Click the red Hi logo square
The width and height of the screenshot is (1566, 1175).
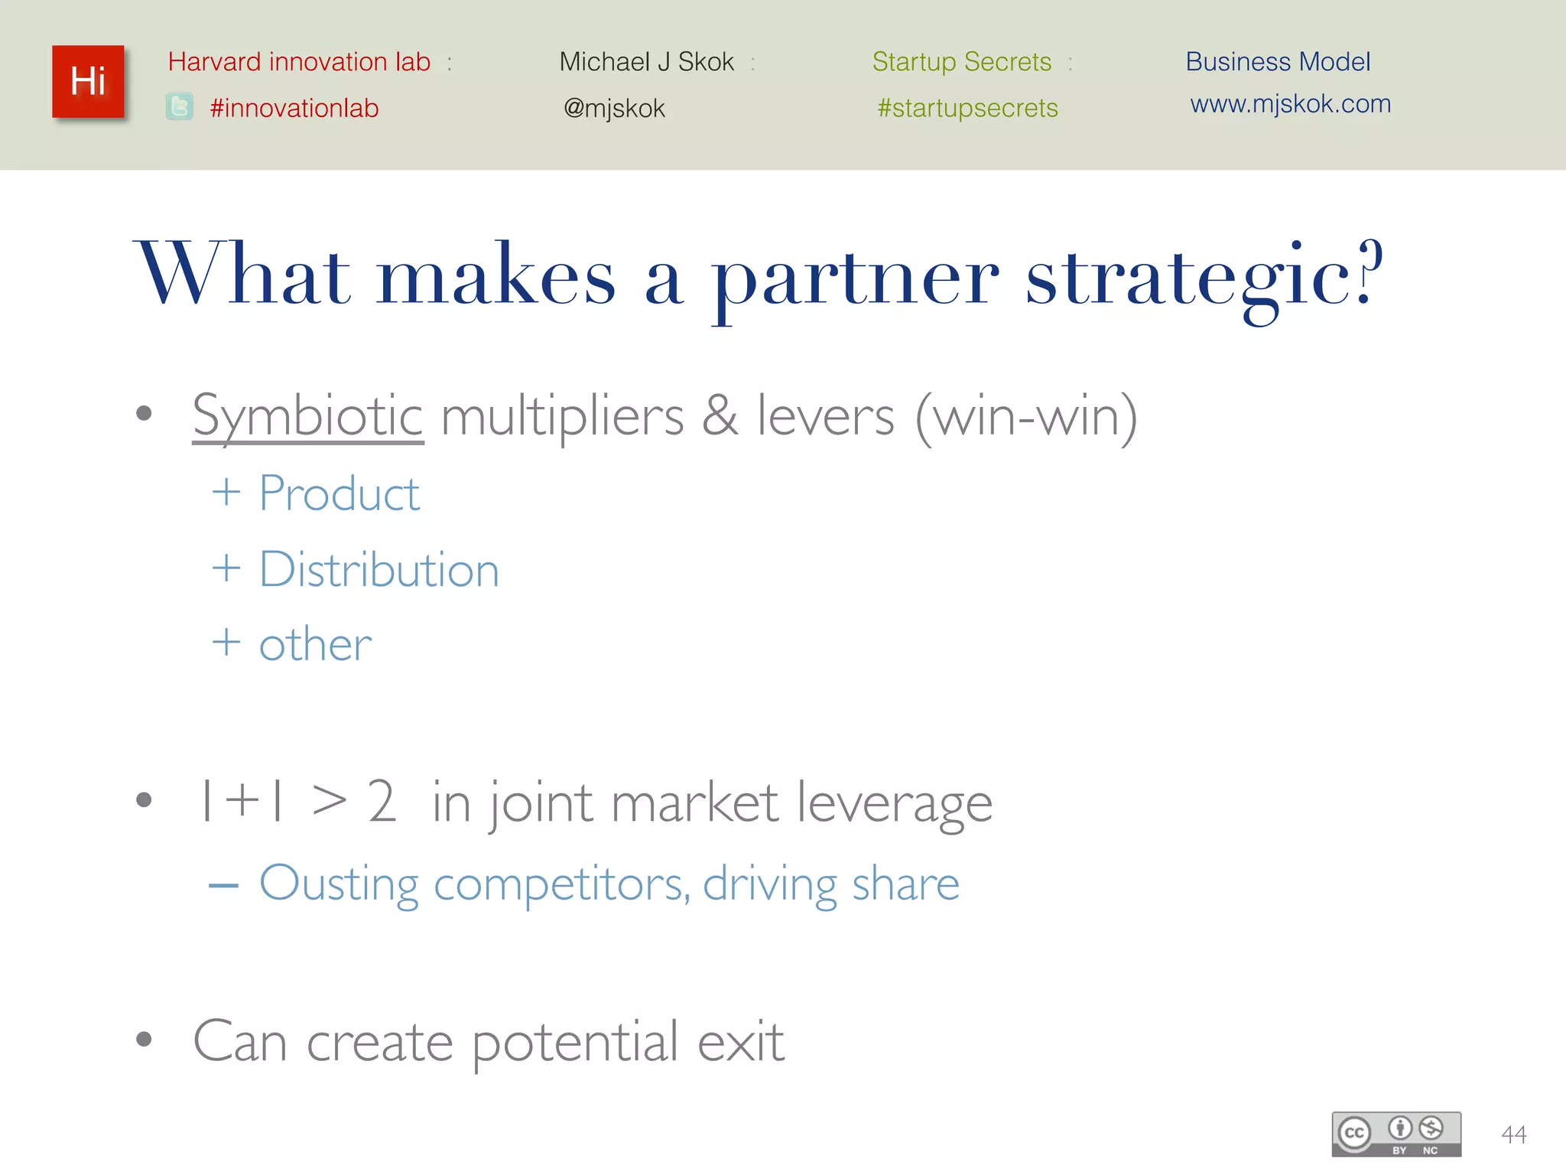(88, 82)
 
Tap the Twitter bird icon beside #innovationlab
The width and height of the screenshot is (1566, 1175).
(180, 107)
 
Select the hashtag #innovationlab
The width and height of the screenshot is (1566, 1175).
(294, 109)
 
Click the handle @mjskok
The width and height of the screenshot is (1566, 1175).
(614, 109)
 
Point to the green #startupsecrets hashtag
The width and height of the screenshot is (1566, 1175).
(967, 109)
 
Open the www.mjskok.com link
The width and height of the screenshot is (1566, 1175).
(1290, 104)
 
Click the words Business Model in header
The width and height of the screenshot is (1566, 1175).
(1278, 62)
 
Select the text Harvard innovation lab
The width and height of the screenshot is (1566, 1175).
(299, 62)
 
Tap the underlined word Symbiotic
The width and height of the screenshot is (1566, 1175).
(307, 417)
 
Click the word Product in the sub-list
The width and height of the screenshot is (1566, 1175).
(339, 493)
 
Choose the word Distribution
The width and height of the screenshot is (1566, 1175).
(379, 570)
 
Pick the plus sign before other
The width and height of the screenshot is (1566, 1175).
(226, 642)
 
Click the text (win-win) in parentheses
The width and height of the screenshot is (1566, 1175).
(1026, 417)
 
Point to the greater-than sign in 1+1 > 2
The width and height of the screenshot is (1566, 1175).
(330, 802)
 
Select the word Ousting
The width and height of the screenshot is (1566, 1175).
(339, 884)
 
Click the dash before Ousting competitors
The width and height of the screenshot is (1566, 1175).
(224, 886)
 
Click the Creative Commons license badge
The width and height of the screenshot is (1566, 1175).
(1396, 1134)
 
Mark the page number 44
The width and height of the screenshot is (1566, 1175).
(1513, 1134)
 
